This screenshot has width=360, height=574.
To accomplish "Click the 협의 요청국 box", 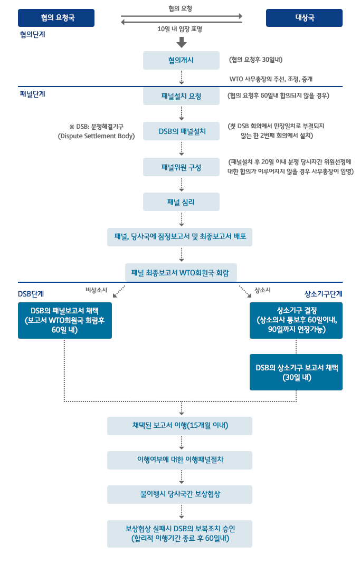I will [56, 18].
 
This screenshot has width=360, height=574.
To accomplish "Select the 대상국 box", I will [304, 18].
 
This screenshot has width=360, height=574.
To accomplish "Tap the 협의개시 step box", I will [181, 60].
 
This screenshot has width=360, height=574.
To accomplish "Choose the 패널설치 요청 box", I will [181, 96].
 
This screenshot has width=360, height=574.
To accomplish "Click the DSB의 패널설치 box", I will [181, 131].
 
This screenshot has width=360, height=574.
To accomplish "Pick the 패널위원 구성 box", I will [181, 167].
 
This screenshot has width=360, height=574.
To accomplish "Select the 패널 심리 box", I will [181, 202].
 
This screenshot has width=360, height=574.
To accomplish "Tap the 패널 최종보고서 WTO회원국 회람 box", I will [181, 273].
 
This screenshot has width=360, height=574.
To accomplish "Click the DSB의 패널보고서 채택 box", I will [65, 320].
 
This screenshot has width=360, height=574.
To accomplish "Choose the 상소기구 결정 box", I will [296, 320].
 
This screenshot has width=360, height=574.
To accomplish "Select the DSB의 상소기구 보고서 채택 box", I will [296, 372].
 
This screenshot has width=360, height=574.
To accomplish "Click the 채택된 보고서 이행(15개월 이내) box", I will [179, 426].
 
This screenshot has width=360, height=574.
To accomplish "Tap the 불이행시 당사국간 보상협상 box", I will [179, 495].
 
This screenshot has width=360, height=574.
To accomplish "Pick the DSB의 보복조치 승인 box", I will [179, 533].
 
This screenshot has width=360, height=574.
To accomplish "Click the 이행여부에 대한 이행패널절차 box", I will [179, 460].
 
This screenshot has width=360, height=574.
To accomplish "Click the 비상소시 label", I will [96, 290].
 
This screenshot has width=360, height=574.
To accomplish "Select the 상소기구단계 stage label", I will [323, 294].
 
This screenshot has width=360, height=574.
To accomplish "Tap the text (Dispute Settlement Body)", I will [96, 136].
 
